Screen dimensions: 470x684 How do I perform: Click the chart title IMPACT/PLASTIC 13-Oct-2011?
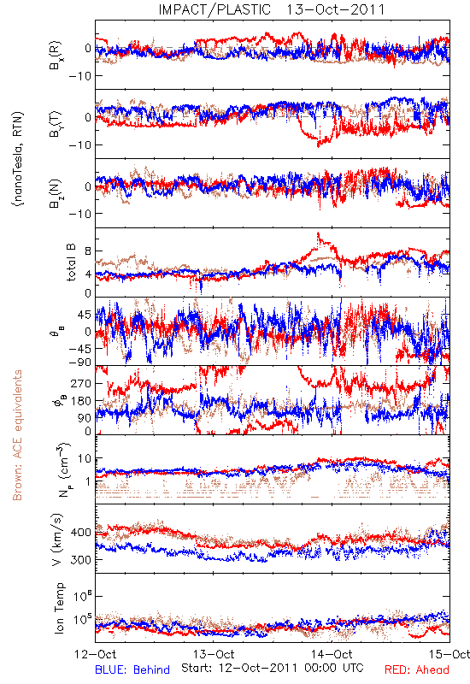[272, 9]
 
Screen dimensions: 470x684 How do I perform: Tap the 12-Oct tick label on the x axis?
[96, 654]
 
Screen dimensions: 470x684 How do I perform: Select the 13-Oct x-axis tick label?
[214, 654]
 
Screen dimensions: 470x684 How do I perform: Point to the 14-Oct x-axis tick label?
[332, 654]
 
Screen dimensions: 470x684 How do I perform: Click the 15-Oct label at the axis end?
[449, 654]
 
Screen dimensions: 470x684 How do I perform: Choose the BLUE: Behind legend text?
[132, 669]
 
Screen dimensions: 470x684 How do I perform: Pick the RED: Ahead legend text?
[417, 669]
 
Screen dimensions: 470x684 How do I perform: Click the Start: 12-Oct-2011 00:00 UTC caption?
[273, 668]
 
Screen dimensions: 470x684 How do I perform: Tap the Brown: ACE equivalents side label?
[17, 435]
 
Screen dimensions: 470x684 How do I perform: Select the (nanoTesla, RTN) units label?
[18, 158]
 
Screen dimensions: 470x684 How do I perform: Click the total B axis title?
[71, 262]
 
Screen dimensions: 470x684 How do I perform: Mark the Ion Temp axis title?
[59, 608]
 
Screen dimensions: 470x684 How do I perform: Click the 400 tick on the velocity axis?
[80, 532]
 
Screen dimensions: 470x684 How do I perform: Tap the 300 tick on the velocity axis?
[80, 560]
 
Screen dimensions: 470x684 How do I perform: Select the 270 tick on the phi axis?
[80, 383]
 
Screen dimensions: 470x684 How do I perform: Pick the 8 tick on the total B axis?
[88, 251]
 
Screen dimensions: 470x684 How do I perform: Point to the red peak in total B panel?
[318, 233]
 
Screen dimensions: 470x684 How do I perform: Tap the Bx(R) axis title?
[56, 56]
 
